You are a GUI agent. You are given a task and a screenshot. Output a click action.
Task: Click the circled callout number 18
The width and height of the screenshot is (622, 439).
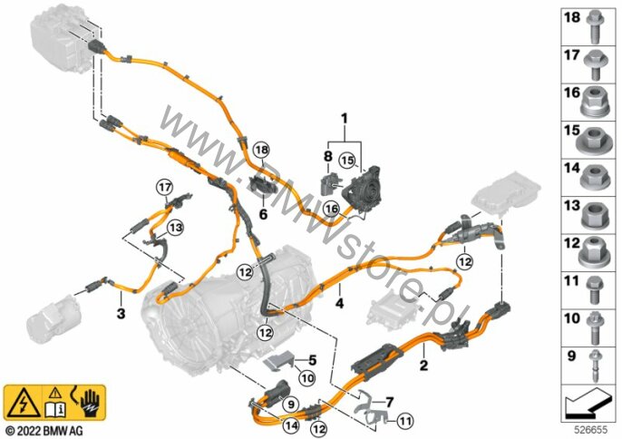[262, 150]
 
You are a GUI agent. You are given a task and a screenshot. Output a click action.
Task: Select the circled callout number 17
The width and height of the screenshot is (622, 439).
[165, 187]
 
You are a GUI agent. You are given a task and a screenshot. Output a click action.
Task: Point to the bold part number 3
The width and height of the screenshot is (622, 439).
[121, 313]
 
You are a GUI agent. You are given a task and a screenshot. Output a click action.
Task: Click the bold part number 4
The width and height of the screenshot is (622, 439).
[339, 304]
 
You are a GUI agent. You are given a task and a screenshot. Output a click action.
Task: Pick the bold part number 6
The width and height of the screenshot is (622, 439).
[263, 214]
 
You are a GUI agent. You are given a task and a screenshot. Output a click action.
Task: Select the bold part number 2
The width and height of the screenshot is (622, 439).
[424, 365]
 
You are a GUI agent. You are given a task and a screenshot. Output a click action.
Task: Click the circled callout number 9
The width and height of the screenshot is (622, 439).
[291, 405]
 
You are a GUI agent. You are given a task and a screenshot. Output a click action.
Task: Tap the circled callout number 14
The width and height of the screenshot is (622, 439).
[291, 426]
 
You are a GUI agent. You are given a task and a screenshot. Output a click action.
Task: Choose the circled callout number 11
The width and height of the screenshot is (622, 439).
[405, 421]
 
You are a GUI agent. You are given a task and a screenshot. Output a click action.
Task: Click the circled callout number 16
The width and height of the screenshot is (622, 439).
[331, 209]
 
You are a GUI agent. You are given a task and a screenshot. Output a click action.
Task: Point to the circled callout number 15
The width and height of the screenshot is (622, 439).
[347, 161]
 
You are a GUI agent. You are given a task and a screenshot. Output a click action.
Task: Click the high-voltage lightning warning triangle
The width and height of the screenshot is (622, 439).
[24, 405]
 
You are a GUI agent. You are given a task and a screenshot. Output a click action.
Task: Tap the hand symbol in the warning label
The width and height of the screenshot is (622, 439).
[91, 402]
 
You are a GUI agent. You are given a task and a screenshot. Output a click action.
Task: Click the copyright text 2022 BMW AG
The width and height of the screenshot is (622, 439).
[44, 430]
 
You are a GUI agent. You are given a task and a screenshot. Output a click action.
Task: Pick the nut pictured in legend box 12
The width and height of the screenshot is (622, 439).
[594, 251]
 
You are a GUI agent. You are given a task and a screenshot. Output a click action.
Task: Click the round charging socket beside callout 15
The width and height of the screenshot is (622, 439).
[364, 189]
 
